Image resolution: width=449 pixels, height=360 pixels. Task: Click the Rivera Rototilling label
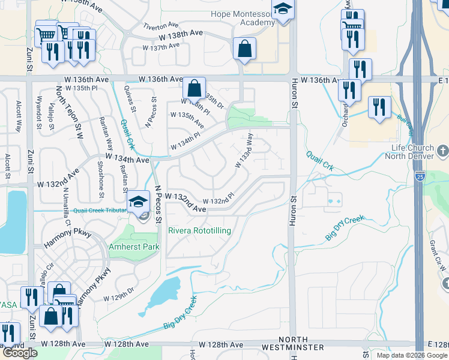(x=200, y=230)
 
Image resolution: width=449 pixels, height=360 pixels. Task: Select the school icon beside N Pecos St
(x=139, y=202)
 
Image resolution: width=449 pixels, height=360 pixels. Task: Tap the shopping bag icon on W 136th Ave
(x=194, y=88)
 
